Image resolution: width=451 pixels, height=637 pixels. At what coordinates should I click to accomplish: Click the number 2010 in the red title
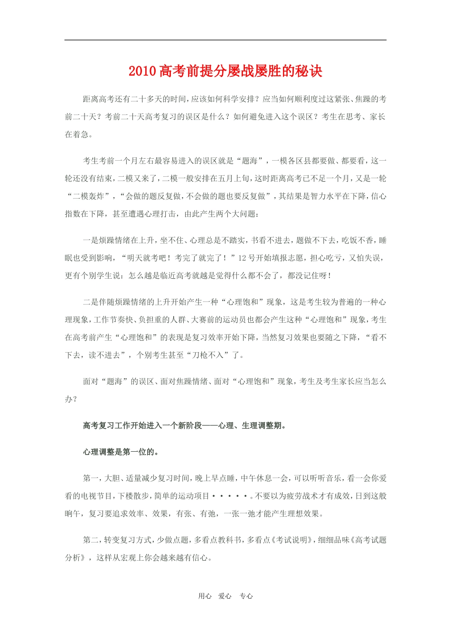pos(142,72)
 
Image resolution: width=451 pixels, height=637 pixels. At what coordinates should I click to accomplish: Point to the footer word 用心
pos(205,596)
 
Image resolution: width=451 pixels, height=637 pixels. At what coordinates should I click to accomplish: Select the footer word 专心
pos(246,596)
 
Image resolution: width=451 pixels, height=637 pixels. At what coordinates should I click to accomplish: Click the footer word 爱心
pos(225,596)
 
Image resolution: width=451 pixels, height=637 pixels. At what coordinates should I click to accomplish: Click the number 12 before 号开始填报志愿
pos(242,258)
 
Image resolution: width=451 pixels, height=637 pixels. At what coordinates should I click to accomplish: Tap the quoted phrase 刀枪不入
pos(207,355)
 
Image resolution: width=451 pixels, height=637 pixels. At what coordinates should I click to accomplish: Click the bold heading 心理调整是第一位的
pos(121,452)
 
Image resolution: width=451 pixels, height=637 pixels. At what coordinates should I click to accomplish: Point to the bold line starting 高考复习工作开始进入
pos(185,426)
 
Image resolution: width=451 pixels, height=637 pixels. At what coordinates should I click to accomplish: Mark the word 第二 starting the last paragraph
pos(91,540)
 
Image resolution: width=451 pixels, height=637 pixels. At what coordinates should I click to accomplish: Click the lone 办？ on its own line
pos(71,399)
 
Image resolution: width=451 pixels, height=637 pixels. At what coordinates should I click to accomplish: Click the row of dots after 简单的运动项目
pos(231,496)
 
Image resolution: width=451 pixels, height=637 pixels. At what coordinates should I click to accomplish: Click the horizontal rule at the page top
pos(225,40)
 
